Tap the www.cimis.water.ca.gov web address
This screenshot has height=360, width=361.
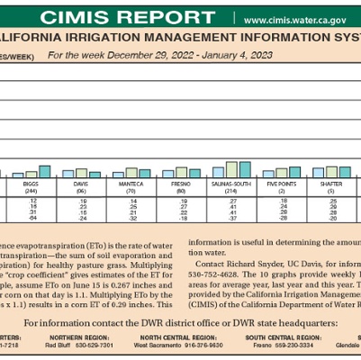click(x=296, y=19)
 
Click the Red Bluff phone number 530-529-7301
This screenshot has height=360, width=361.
click(x=92, y=344)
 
